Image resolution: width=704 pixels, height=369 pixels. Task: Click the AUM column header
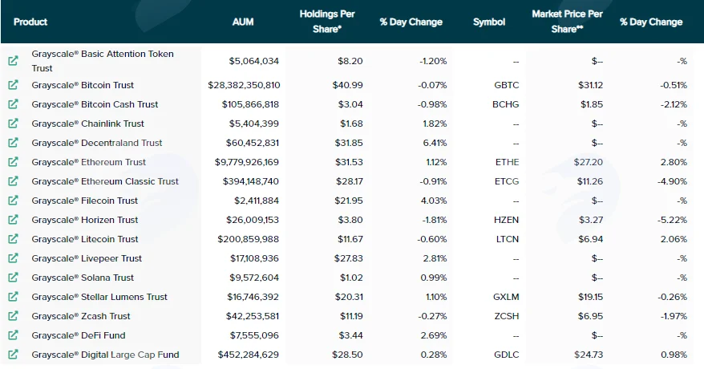click(243, 22)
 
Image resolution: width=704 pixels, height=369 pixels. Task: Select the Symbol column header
click(489, 22)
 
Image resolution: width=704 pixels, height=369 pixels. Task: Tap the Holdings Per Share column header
click(327, 21)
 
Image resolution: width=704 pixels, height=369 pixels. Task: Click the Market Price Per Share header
click(567, 21)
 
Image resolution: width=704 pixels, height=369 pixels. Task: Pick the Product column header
click(30, 22)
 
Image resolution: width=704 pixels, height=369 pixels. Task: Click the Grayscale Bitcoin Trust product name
click(83, 85)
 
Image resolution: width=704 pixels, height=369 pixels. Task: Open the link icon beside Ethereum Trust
click(14, 161)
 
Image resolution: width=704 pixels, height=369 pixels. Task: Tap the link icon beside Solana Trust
click(14, 277)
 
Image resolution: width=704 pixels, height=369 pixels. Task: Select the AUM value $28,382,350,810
click(244, 85)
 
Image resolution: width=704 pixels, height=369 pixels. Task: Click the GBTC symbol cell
click(507, 85)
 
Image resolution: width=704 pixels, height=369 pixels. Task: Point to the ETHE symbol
click(508, 162)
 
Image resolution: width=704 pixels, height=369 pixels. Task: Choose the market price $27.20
click(589, 162)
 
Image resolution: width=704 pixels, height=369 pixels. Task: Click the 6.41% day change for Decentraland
click(435, 143)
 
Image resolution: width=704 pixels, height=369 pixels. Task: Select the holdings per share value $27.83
click(349, 258)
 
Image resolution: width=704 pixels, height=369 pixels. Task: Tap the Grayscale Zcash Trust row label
click(81, 316)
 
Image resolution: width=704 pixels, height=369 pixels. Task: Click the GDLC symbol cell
click(507, 355)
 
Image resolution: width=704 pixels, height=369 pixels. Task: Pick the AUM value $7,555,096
click(254, 335)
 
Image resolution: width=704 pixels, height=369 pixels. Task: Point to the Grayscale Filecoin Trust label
click(84, 201)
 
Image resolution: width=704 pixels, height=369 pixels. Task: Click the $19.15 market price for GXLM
click(590, 297)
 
